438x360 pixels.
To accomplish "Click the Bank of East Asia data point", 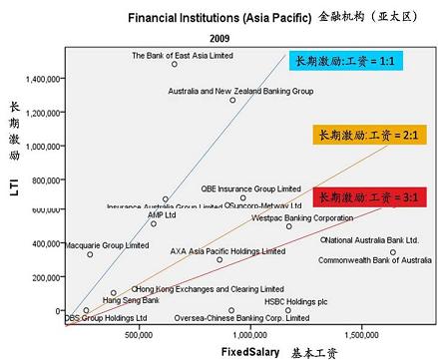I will [175, 64].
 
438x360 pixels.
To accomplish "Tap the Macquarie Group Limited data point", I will [89, 254].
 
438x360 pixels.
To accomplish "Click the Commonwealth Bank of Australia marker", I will [393, 251].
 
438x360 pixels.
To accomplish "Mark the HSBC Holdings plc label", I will [295, 300].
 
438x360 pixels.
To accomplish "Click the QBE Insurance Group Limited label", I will [250, 186].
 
